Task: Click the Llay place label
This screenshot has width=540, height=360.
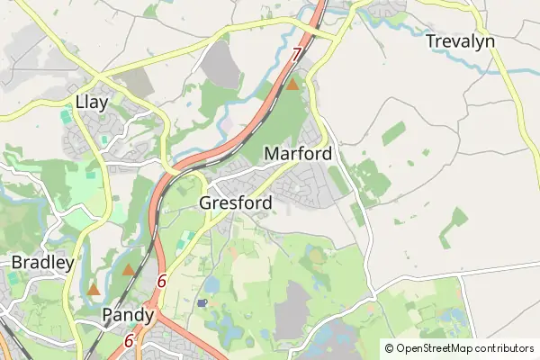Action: pyautogui.click(x=92, y=102)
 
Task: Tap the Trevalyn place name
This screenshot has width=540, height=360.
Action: pyautogui.click(x=461, y=41)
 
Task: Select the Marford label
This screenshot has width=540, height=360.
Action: pyautogui.click(x=298, y=154)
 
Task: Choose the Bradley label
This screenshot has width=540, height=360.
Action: pyautogui.click(x=41, y=262)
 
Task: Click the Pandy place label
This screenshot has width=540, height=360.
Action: pyautogui.click(x=129, y=315)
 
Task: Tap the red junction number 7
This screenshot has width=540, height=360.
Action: pyautogui.click(x=296, y=55)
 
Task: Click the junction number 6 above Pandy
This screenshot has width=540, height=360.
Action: pyautogui.click(x=161, y=281)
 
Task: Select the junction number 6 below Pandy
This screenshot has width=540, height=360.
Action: pyautogui.click(x=130, y=341)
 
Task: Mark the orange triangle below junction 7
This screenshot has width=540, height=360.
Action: pyautogui.click(x=292, y=85)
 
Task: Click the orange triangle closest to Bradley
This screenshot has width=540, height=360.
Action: pyautogui.click(x=94, y=290)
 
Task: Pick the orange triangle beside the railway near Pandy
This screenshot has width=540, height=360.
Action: pyautogui.click(x=129, y=269)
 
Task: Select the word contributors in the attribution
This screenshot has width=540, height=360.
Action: pyautogui.click(x=505, y=347)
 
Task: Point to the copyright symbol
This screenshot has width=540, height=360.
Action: pyautogui.click(x=389, y=347)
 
